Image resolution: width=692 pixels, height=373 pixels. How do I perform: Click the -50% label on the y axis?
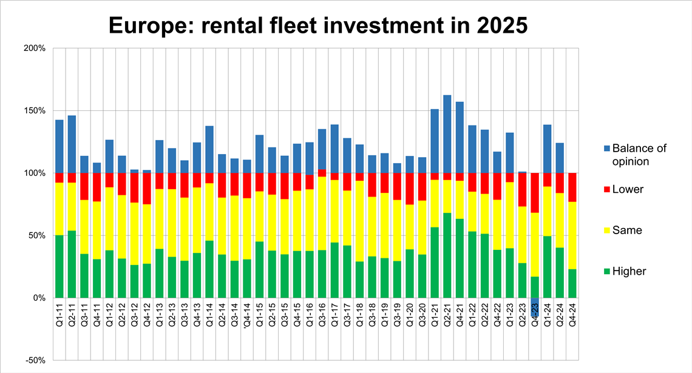point(35,360)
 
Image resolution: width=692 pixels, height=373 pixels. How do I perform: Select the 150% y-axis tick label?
point(35,110)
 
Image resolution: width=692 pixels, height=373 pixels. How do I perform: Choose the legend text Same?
point(627,230)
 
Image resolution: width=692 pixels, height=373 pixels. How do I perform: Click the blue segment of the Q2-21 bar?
point(447,134)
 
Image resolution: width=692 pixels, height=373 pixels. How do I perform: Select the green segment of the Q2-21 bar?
point(447,255)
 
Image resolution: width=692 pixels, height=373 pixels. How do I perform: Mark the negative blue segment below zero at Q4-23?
point(535,306)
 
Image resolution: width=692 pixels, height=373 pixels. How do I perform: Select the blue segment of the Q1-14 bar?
point(209,149)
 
